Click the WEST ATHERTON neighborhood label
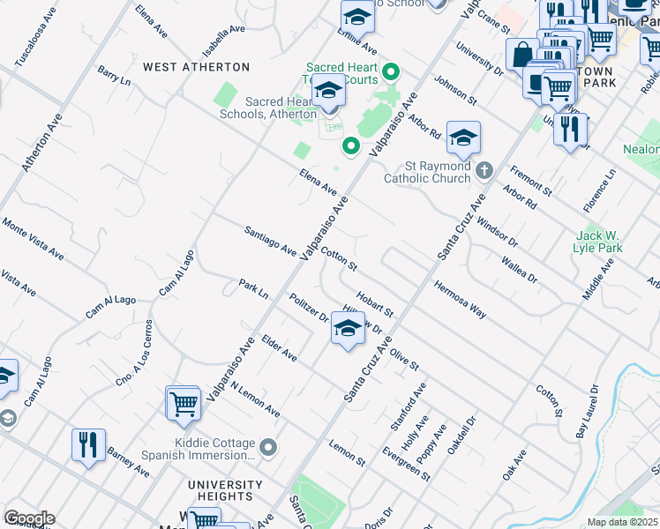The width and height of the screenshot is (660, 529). (196, 67)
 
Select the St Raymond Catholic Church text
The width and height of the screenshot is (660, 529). (427, 172)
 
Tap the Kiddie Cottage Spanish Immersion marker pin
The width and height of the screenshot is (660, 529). (269, 449)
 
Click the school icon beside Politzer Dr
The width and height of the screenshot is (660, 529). (348, 330)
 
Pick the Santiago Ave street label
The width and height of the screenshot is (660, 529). (270, 240)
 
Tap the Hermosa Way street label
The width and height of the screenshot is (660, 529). (460, 299)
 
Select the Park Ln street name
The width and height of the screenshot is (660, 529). (253, 288)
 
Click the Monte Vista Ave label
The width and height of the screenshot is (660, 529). (33, 239)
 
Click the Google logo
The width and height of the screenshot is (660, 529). (29, 518)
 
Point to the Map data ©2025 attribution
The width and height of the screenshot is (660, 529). (622, 522)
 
